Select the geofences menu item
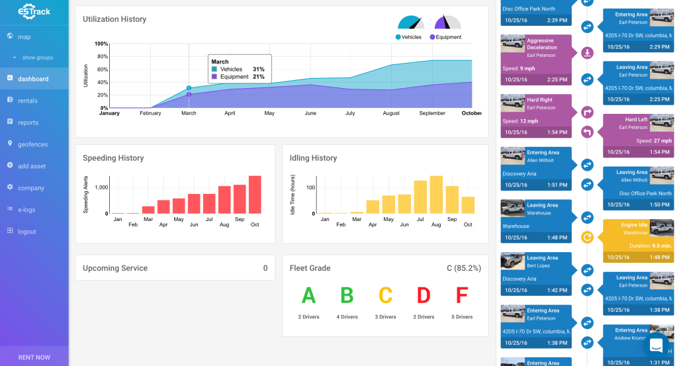click(x=32, y=144)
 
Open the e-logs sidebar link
click(x=27, y=210)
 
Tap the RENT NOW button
click(x=34, y=357)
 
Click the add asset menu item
click(x=32, y=166)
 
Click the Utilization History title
click(x=114, y=19)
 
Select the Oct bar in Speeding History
click(x=255, y=195)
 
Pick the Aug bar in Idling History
click(x=436, y=195)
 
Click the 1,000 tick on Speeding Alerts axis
click(x=100, y=187)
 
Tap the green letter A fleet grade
click(x=308, y=295)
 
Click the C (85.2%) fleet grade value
click(x=463, y=268)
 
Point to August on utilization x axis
click(x=391, y=113)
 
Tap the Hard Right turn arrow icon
click(x=587, y=113)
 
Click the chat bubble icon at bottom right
click(x=656, y=345)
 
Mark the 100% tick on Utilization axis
click(x=101, y=44)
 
